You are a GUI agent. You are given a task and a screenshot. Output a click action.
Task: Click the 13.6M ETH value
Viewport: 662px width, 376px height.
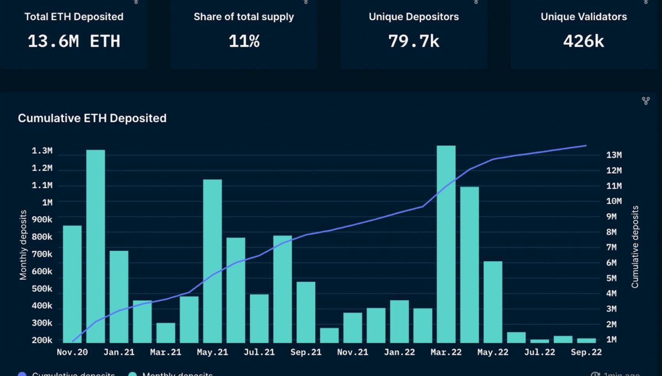click(74, 41)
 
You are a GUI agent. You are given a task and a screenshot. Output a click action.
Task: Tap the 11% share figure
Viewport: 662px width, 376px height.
click(244, 41)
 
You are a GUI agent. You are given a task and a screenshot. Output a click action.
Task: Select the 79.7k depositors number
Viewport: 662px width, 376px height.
click(414, 41)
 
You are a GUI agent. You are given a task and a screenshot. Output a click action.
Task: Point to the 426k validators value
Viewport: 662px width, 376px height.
click(584, 41)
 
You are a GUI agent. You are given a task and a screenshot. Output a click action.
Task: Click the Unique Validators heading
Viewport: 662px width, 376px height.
click(584, 17)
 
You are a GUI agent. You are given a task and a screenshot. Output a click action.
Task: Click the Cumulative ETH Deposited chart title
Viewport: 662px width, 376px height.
click(92, 118)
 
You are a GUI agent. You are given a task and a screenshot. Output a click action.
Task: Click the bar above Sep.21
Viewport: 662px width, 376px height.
click(306, 312)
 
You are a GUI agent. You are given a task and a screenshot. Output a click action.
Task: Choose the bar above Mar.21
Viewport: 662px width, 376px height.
click(166, 333)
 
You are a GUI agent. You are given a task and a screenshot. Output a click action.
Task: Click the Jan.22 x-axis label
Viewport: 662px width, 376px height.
click(399, 352)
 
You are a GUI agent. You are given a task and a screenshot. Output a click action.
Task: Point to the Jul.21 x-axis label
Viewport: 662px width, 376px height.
click(259, 352)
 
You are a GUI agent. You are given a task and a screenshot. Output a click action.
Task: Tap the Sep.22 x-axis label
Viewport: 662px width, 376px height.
click(586, 352)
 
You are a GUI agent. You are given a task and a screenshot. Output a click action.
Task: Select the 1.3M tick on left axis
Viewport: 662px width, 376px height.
click(42, 151)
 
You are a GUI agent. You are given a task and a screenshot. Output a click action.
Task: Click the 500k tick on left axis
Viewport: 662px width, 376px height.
click(42, 289)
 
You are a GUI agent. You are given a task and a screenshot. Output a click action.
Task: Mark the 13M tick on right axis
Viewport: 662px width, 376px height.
click(614, 155)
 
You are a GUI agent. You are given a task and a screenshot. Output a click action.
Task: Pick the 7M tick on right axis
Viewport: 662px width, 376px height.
click(611, 247)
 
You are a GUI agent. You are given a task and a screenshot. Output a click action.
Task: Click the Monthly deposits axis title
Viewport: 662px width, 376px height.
click(23, 245)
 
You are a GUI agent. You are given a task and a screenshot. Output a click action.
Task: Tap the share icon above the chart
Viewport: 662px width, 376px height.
click(646, 101)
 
